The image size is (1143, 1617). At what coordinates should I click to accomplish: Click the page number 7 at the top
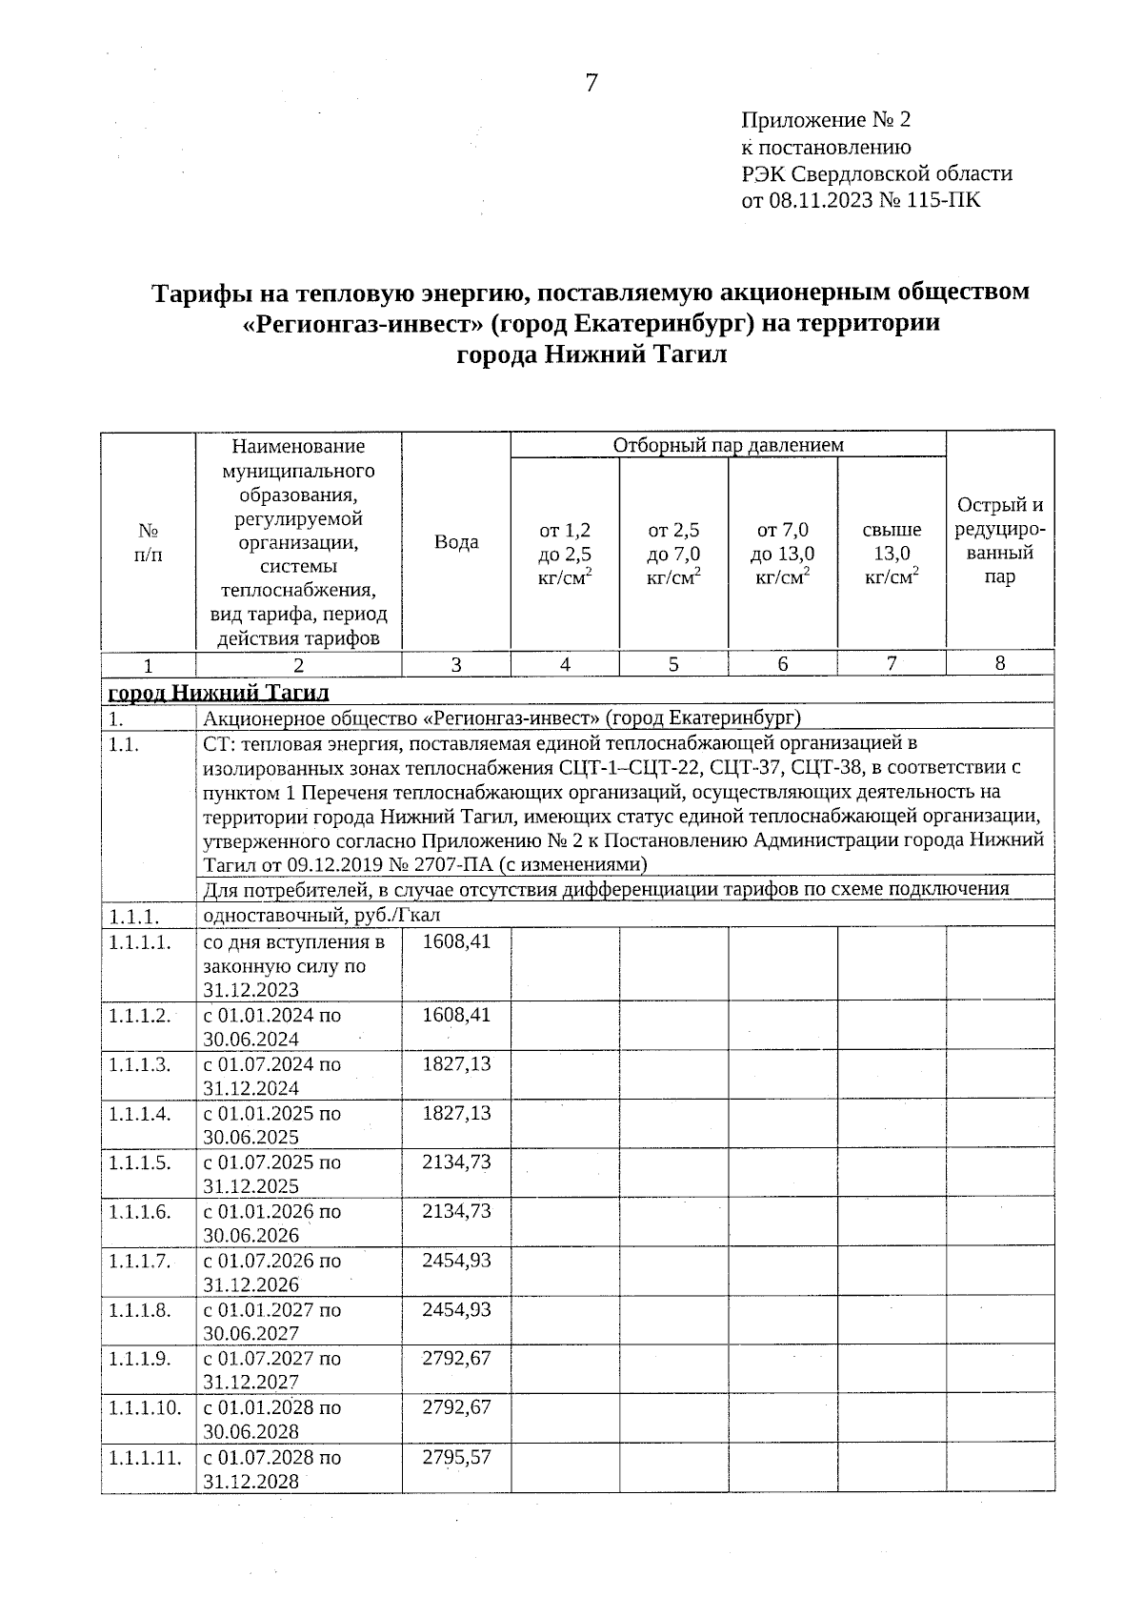point(591,83)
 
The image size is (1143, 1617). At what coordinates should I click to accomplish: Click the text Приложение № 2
point(826,120)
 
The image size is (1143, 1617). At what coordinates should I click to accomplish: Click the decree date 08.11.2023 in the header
point(821,200)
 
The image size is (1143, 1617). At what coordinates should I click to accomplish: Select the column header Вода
point(456,542)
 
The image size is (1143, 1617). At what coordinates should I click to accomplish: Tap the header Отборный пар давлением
point(728,445)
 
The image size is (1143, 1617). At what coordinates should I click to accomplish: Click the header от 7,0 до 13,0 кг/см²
point(782,554)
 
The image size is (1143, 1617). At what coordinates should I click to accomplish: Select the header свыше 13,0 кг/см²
point(892,554)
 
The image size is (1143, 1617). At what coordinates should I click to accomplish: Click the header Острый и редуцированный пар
point(999,541)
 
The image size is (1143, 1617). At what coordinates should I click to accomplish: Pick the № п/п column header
point(148,542)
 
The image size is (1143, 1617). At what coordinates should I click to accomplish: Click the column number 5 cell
point(673,664)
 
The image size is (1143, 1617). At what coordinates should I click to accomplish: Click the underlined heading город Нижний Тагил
point(218,691)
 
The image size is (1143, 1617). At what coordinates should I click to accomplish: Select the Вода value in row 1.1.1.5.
point(456,1162)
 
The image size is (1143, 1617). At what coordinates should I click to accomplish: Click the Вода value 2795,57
point(456,1457)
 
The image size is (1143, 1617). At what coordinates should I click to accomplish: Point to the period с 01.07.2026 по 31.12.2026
point(271,1272)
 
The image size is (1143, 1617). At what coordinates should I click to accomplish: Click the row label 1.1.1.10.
point(145,1407)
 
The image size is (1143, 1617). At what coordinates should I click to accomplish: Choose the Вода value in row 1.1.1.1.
point(456,941)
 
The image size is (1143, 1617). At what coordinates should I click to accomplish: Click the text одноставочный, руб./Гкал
point(321,916)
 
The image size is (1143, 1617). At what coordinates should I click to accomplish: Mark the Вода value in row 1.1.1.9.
point(456,1358)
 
